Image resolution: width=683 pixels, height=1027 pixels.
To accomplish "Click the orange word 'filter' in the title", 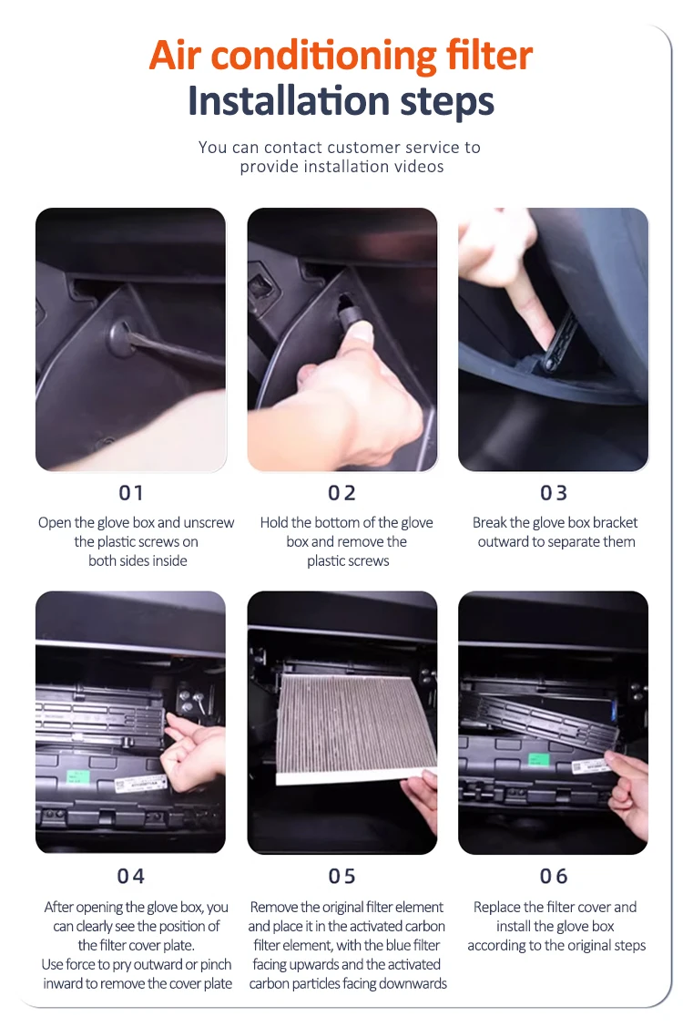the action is coord(489,55).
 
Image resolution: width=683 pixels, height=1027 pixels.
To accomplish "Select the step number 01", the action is coord(131,492).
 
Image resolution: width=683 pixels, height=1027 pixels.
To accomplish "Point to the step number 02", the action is coord(341,492).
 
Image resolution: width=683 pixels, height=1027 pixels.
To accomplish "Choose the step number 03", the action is coord(554,492).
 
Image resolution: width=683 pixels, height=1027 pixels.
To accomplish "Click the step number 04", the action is coord(131,876).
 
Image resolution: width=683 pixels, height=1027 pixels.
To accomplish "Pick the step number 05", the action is coord(341,876).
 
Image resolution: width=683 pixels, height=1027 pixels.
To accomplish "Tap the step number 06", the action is coord(554,876).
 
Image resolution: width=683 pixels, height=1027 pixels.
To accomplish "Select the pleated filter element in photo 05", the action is coord(356,728).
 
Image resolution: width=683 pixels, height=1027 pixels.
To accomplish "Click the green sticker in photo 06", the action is coord(537,760).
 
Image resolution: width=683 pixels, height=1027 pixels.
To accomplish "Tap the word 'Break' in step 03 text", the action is coord(489,523).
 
